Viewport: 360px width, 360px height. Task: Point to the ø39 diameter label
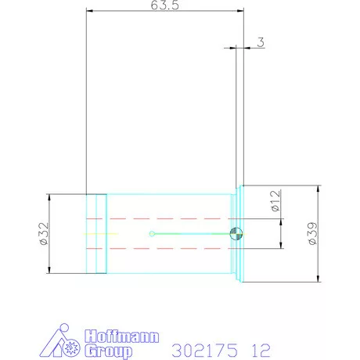(311, 233)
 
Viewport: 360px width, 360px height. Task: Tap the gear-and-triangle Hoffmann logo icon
(65, 341)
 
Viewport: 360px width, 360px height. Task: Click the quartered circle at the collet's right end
(237, 233)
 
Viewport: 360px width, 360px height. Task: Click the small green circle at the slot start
(152, 233)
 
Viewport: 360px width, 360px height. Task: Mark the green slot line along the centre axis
(192, 233)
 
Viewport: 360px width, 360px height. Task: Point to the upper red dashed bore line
(157, 218)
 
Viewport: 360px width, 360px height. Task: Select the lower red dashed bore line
(157, 249)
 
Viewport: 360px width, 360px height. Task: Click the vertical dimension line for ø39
(319, 235)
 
